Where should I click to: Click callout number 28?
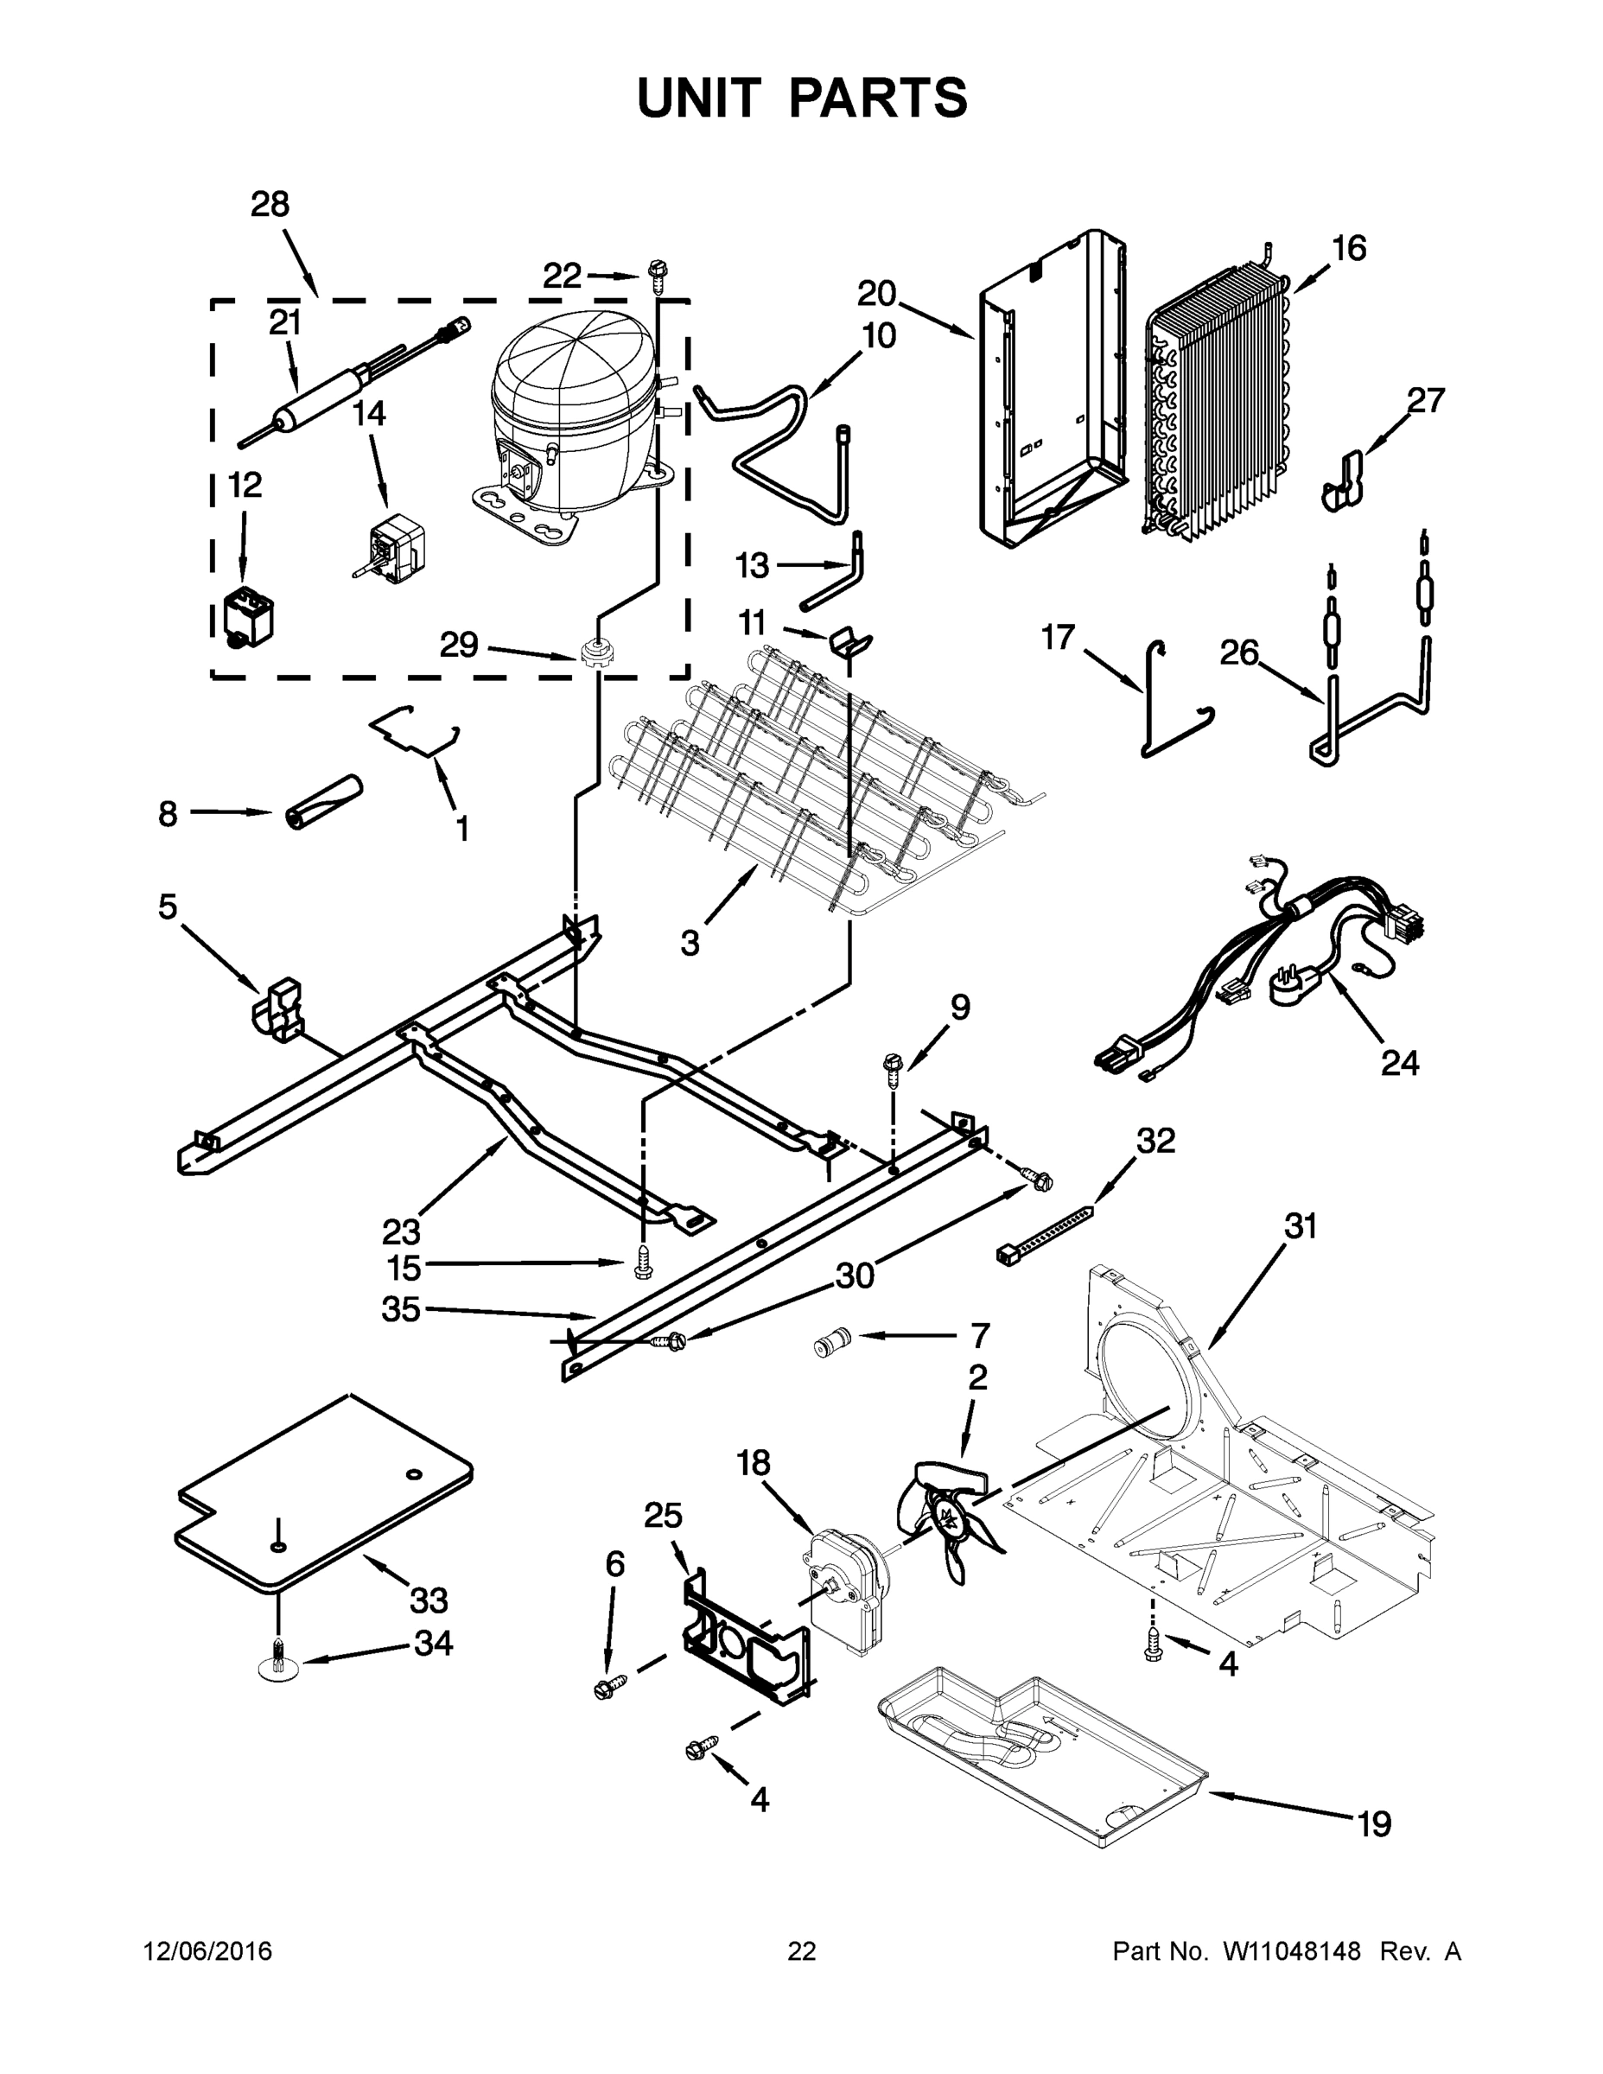[x=270, y=204]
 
